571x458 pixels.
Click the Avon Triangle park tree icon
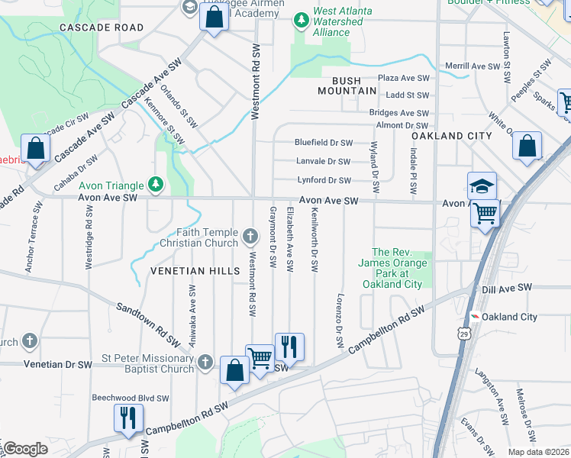click(x=156, y=184)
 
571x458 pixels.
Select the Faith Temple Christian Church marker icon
click(x=250, y=234)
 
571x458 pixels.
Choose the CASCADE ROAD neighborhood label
click(x=101, y=27)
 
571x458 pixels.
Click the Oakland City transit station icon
click(x=474, y=317)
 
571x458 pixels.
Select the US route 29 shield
click(x=464, y=334)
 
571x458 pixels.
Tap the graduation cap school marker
click(x=482, y=185)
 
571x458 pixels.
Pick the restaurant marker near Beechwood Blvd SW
click(x=127, y=417)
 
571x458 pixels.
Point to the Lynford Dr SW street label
click(x=324, y=180)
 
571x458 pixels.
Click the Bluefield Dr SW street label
click(x=324, y=142)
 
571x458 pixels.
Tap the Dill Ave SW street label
click(x=507, y=289)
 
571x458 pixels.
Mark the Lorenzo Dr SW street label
click(x=336, y=316)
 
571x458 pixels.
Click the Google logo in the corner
click(x=26, y=448)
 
